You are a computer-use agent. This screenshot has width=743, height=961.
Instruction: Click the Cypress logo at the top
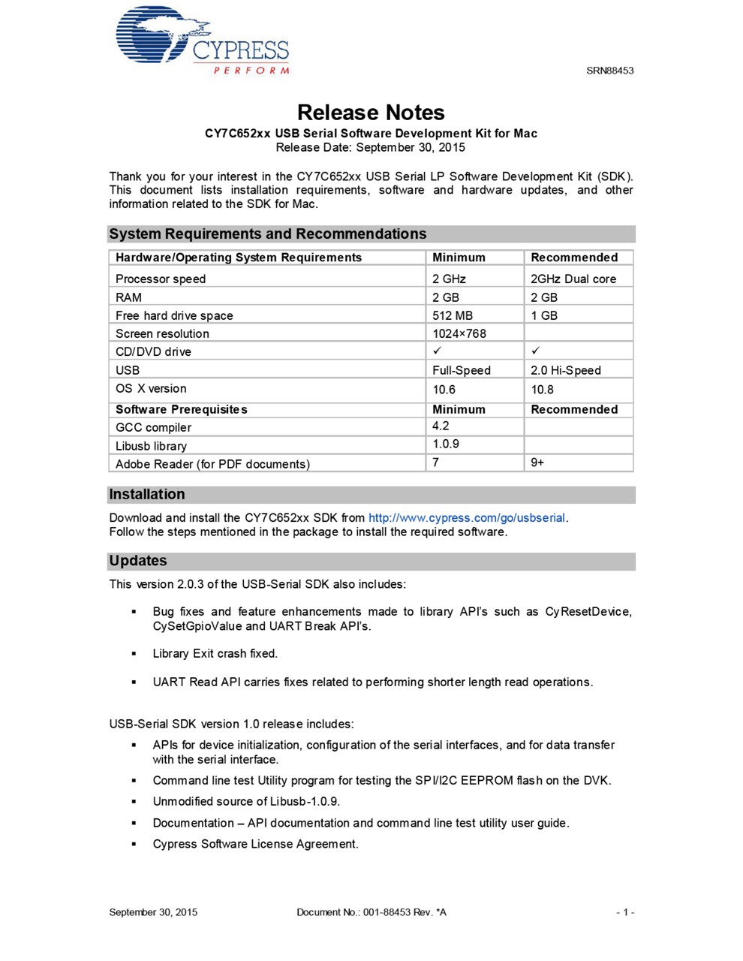pos(202,41)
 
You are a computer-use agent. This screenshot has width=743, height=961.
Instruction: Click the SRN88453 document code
pos(609,71)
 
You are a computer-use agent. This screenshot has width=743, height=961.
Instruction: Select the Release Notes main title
pos(371,113)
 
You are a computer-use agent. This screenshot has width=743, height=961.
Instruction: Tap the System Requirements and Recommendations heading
pos(267,234)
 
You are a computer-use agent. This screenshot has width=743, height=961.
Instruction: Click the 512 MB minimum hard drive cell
pos(453,315)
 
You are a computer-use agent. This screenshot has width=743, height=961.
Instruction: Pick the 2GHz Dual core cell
pos(573,279)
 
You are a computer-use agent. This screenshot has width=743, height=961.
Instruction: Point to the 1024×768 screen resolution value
pos(459,333)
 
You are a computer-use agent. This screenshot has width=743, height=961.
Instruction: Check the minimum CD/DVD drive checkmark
pos(438,351)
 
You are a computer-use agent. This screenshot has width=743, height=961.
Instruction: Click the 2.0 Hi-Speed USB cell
pos(566,370)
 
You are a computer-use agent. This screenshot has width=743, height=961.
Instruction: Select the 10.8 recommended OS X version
pos(542,390)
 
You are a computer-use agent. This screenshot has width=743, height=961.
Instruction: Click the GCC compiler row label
pos(153,427)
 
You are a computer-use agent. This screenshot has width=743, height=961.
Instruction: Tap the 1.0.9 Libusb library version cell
pos(446,444)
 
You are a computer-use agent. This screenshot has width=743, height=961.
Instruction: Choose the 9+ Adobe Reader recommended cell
pos(537,462)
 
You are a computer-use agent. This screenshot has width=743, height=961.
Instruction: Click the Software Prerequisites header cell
pos(182,409)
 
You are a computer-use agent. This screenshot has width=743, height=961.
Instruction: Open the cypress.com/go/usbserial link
pos(467,518)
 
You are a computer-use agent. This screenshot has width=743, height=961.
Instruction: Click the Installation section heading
pos(147,495)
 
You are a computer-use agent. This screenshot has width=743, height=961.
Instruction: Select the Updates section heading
pos(138,561)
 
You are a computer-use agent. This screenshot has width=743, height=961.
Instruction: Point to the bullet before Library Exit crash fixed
pos(134,654)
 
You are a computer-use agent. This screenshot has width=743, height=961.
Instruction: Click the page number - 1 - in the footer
pos(625,912)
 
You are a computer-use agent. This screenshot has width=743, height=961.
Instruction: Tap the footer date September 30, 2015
pos(153,912)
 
